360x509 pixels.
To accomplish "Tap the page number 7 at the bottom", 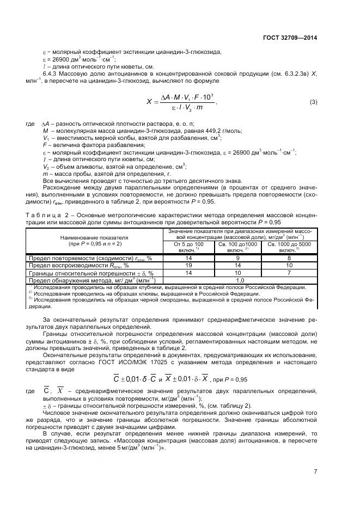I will click(x=315, y=471).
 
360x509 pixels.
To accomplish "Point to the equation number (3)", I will click(x=313, y=102).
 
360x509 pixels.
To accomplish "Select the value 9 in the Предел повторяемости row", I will click(x=238, y=258).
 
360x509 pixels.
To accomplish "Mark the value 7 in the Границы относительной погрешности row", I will click(x=289, y=273).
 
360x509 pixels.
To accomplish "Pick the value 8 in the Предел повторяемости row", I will click(x=289, y=258).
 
